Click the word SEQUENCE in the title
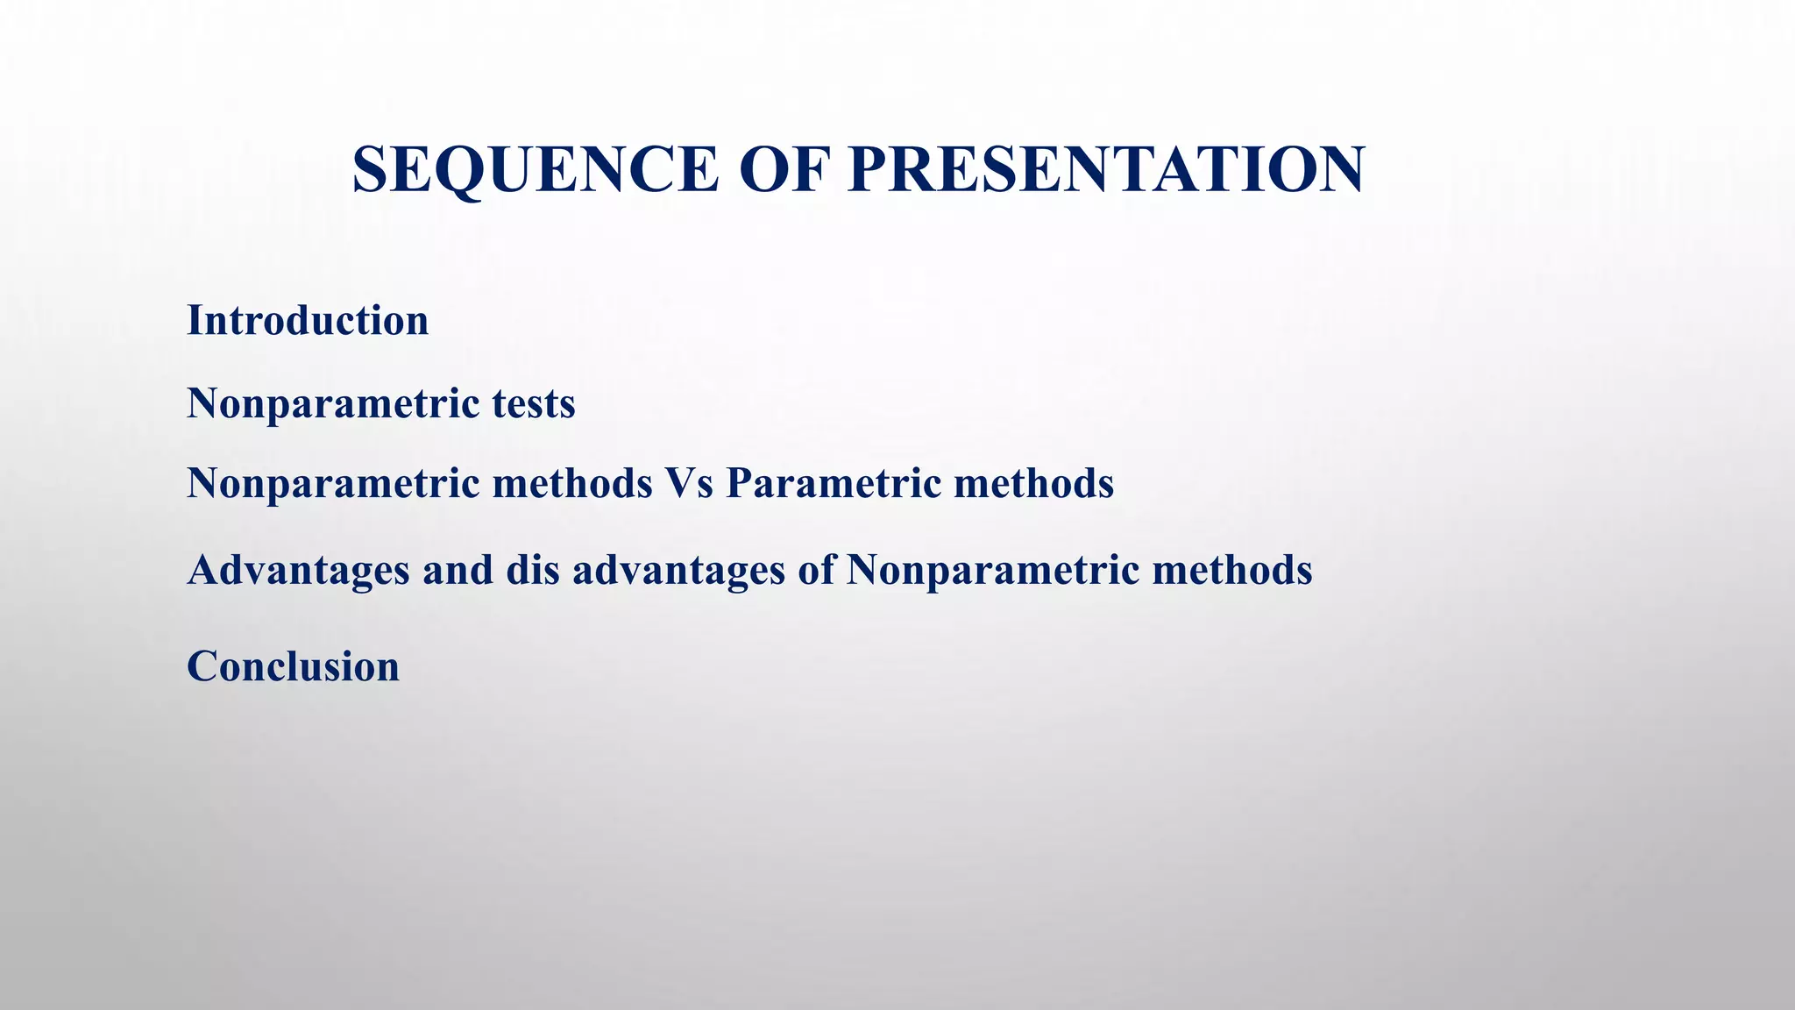click(x=535, y=169)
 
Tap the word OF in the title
click(x=784, y=169)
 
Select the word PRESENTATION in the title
click(x=1106, y=169)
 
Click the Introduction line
click(x=308, y=320)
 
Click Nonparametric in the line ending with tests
click(x=333, y=404)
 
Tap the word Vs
click(x=689, y=483)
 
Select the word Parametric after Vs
click(x=833, y=483)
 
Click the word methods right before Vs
click(x=572, y=483)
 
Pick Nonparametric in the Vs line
click(x=333, y=483)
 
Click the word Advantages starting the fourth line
click(x=298, y=570)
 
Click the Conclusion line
click(x=293, y=666)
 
